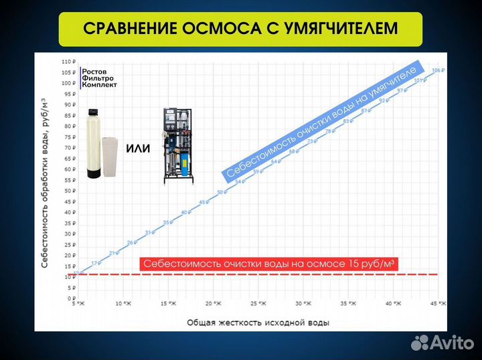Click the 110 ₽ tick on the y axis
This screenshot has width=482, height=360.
tap(67, 62)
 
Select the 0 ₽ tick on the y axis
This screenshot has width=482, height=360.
tap(70, 298)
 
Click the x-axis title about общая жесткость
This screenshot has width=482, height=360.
tap(258, 323)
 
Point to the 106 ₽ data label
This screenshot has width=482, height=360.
tap(438, 70)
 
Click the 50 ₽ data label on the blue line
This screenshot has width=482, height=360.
tap(222, 193)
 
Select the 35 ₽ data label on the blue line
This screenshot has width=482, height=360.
tap(167, 222)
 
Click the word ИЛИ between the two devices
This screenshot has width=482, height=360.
tap(138, 148)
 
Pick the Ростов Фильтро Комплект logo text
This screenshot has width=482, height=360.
tap(99, 78)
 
